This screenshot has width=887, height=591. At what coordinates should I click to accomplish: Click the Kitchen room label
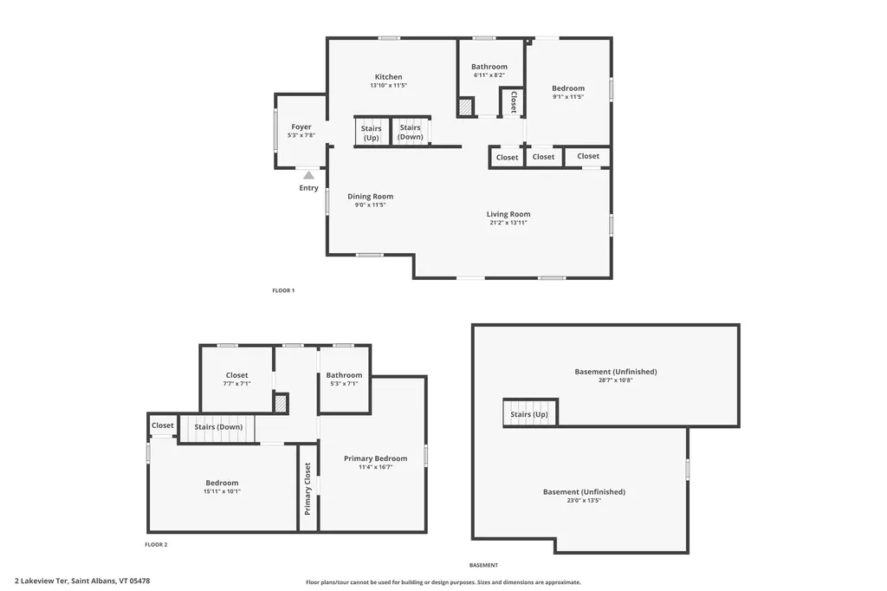point(387,77)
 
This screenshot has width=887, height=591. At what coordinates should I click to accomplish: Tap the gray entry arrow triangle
point(308,175)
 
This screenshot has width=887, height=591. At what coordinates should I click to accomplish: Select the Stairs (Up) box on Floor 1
point(371,133)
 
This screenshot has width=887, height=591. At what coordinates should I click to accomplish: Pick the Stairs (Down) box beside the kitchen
point(410,133)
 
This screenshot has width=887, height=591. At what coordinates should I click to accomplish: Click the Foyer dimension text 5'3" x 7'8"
point(301,135)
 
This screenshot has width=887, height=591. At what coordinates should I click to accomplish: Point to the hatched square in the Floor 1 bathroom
point(466,107)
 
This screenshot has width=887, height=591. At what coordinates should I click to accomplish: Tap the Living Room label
point(508,214)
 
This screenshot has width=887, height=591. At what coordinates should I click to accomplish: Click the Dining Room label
point(370,197)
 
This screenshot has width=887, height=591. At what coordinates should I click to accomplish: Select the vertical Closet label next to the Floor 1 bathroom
point(513,102)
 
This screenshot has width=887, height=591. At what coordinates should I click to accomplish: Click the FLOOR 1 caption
point(283,290)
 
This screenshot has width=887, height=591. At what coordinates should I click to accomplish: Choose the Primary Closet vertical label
point(308,489)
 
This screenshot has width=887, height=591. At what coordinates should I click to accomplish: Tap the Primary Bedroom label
point(375,458)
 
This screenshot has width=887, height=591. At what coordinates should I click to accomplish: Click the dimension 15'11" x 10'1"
point(222,491)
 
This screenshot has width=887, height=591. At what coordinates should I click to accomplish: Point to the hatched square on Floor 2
point(280,403)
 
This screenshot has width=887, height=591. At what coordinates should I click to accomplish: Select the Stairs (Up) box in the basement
point(530,413)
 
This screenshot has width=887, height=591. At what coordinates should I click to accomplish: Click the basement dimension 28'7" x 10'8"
point(615,380)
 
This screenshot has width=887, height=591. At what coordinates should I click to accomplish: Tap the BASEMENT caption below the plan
point(483,565)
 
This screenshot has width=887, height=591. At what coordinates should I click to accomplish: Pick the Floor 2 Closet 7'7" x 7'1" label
point(236,376)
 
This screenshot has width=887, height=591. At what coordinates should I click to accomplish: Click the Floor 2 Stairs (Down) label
point(217,426)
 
